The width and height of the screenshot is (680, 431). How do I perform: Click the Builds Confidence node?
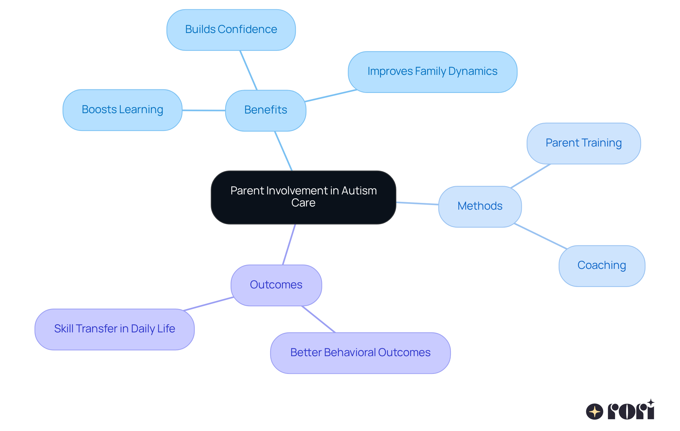(x=231, y=30)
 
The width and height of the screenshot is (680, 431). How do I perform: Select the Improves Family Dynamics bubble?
(x=432, y=72)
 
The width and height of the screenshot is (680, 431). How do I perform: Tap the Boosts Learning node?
(x=122, y=110)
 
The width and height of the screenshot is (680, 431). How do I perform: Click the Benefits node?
(x=266, y=110)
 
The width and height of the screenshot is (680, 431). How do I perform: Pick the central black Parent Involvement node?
(x=303, y=197)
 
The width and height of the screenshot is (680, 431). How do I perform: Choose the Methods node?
(x=480, y=206)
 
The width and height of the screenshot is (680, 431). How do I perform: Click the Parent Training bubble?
(x=583, y=143)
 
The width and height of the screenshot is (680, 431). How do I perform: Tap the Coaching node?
(x=601, y=266)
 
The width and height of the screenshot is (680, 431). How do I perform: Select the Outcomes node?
(x=276, y=285)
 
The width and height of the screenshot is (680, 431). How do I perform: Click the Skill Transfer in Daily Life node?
(x=114, y=329)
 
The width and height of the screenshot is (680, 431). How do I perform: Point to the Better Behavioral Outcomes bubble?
(x=360, y=353)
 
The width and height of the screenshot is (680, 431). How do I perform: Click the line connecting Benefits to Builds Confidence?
(x=248, y=70)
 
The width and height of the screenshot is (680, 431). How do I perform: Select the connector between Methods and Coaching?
(x=540, y=236)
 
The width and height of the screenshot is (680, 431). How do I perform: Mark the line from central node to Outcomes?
(x=289, y=244)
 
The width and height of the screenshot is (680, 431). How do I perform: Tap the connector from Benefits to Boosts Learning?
(x=204, y=110)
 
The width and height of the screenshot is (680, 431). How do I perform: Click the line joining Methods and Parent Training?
(x=531, y=176)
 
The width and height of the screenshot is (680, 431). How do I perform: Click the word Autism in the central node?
(x=359, y=191)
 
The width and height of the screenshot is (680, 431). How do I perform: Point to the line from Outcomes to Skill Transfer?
(x=208, y=304)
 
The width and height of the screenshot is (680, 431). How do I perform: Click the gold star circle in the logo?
(x=594, y=412)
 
